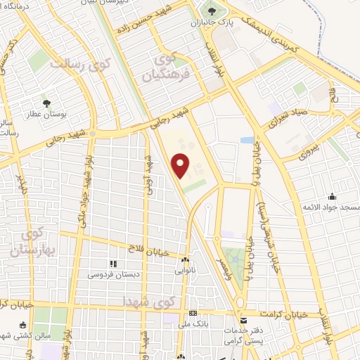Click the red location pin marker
(x=181, y=165)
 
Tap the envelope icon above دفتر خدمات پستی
(x=244, y=320)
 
